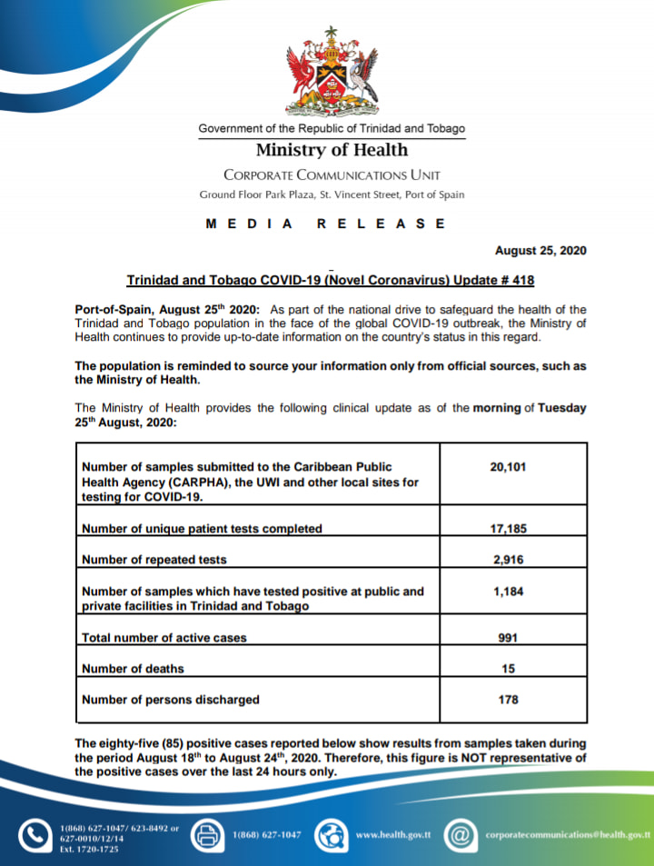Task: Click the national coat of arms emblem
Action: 332,72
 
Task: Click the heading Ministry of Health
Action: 332,150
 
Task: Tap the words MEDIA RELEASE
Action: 326,224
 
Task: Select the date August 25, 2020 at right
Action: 540,251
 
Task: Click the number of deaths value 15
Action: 509,669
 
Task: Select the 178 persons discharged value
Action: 509,700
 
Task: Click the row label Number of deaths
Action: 133,669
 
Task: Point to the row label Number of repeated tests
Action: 154,559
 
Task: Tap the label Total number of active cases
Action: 164,638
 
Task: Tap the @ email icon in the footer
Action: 461,834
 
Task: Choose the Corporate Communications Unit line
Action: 332,174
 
